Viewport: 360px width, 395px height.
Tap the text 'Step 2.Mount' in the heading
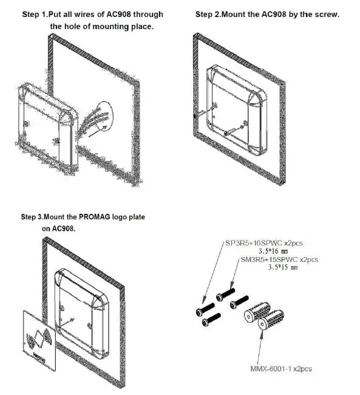[220, 14]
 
